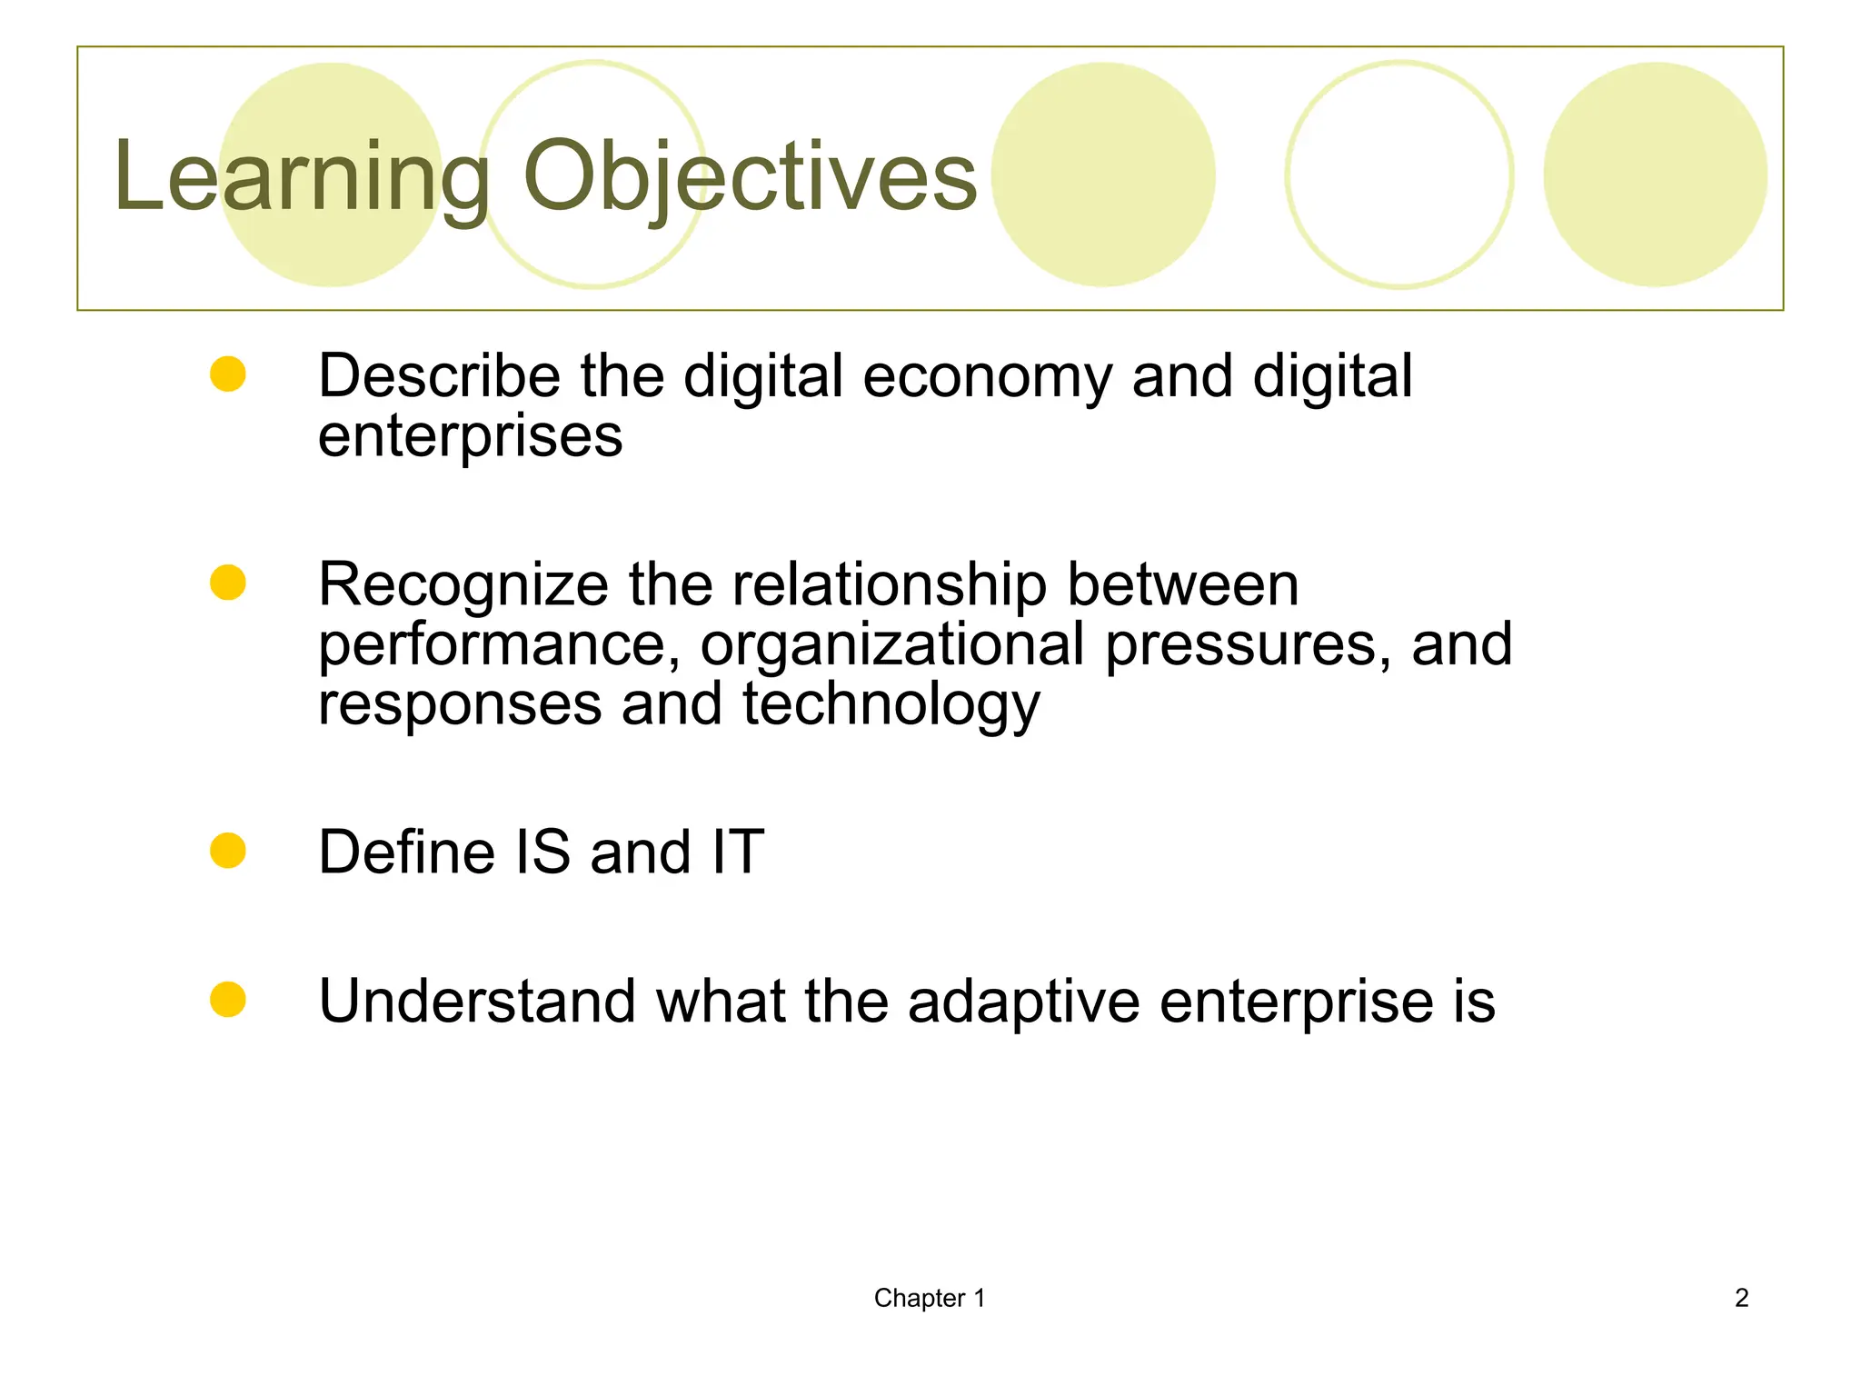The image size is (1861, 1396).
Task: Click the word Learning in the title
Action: coord(300,177)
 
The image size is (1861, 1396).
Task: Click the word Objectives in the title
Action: coord(750,177)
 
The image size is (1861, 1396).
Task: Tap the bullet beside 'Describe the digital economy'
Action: coord(228,374)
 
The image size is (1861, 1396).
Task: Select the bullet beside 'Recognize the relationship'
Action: coord(228,583)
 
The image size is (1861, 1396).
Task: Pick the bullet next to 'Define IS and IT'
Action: coord(228,851)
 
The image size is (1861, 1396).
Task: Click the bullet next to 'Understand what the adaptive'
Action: coord(228,1000)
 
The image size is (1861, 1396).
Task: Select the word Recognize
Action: coord(463,586)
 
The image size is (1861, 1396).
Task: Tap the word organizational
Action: coord(892,645)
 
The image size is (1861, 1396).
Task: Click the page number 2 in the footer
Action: coord(1741,1298)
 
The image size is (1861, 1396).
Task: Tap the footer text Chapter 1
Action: coord(929,1298)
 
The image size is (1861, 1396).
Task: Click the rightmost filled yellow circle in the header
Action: coord(1655,174)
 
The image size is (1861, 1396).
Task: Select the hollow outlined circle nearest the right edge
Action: coord(1399,174)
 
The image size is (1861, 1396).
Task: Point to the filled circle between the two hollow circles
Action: coord(1102,174)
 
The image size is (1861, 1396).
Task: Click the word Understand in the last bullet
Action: coord(477,1002)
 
